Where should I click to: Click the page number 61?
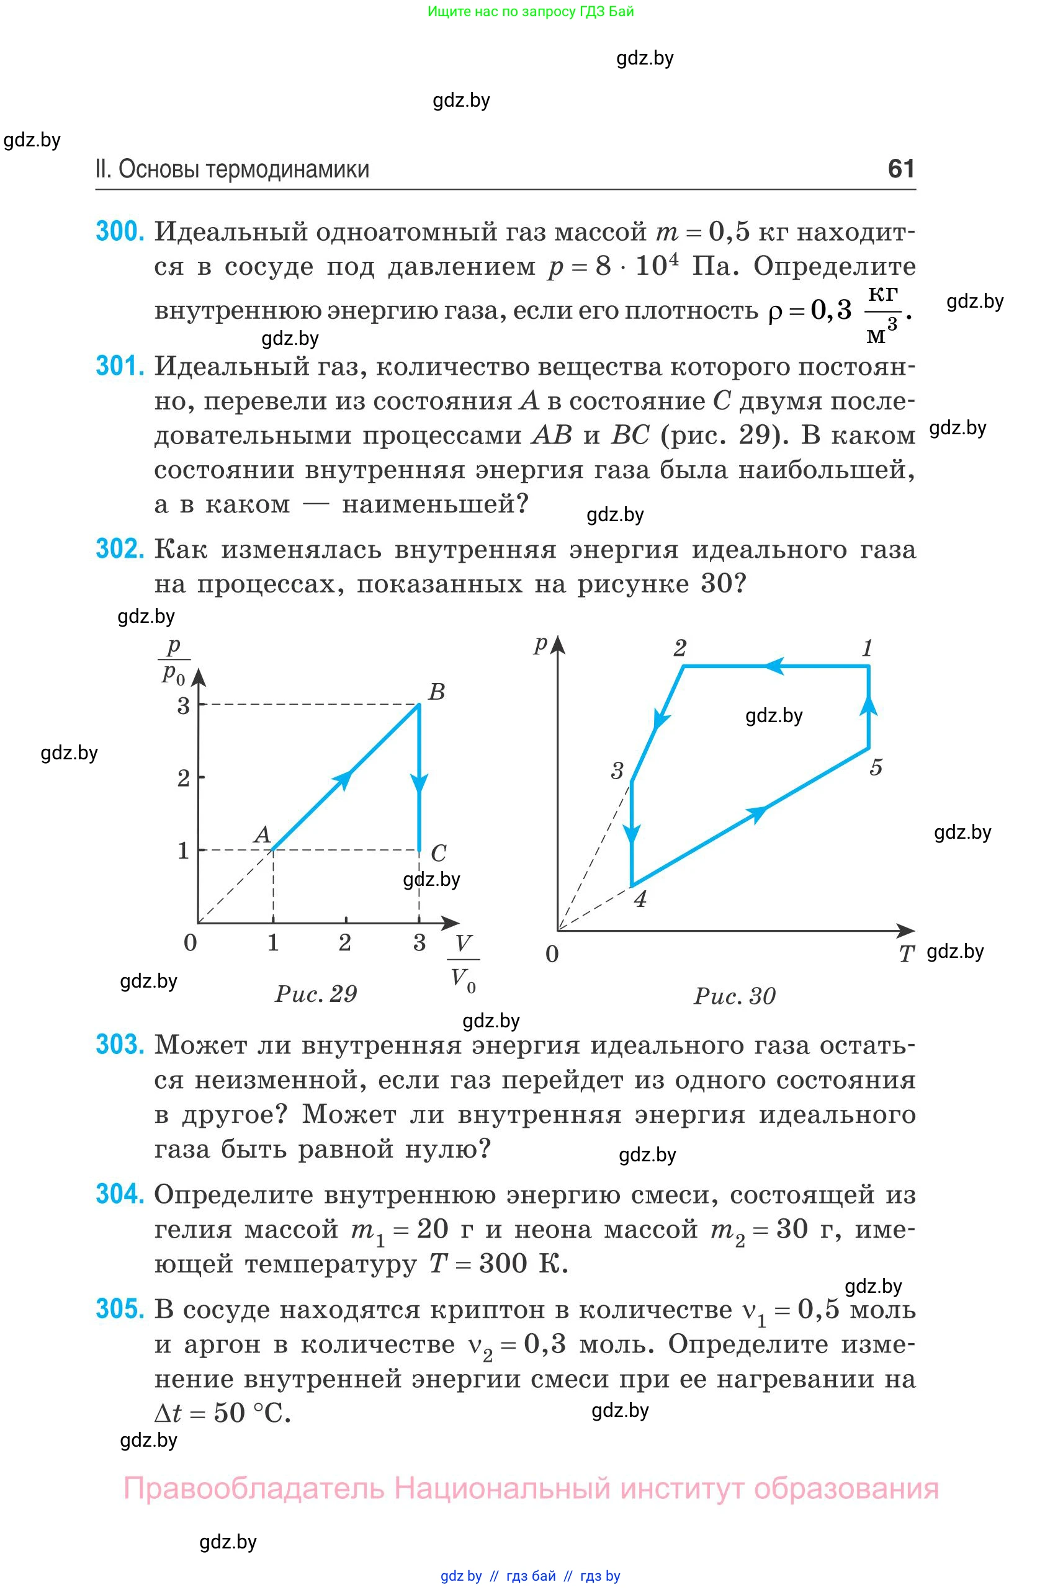[901, 168]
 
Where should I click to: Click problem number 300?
[120, 232]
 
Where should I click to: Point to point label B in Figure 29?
[437, 692]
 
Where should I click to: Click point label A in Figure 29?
[262, 834]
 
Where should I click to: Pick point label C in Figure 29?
[439, 852]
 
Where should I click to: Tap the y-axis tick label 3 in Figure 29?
[183, 706]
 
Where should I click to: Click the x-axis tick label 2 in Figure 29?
[345, 942]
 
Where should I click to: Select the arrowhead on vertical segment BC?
[419, 784]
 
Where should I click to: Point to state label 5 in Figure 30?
[876, 767]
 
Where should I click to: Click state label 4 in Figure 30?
[640, 900]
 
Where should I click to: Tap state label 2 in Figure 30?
[680, 649]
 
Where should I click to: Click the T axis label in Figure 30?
[907, 954]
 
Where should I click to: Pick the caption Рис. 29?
[316, 994]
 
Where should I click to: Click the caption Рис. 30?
[735, 996]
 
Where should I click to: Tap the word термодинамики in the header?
[287, 169]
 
